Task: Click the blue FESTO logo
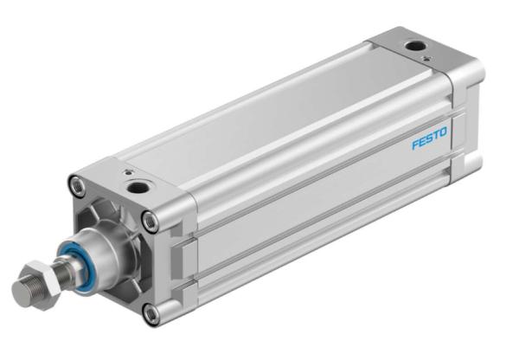(x=429, y=138)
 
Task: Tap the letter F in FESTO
(x=415, y=144)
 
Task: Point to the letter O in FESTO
(x=443, y=132)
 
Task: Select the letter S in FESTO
(x=430, y=138)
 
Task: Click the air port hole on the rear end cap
(x=415, y=46)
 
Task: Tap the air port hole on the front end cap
(x=138, y=187)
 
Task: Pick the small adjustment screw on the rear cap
(x=427, y=59)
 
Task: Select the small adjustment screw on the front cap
(x=127, y=172)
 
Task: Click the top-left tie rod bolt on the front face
(x=78, y=186)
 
